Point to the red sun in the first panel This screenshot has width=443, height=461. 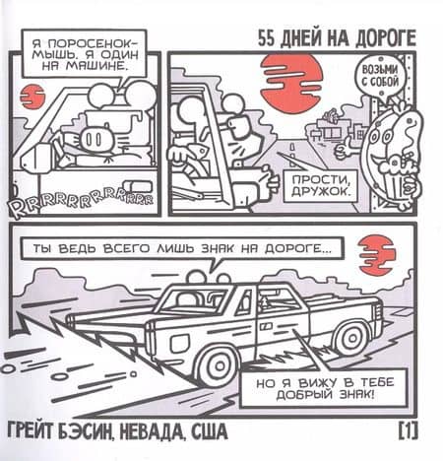pyautogui.click(x=32, y=97)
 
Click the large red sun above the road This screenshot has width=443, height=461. pyautogui.click(x=291, y=82)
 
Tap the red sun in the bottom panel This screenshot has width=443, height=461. pyautogui.click(x=376, y=255)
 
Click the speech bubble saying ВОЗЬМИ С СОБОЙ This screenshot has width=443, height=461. pyautogui.click(x=380, y=76)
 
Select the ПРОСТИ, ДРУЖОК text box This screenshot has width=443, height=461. pyautogui.click(x=320, y=185)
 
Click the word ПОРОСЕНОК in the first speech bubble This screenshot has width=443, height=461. pyautogui.click(x=86, y=43)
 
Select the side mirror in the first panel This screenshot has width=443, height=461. pyautogui.click(x=36, y=159)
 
